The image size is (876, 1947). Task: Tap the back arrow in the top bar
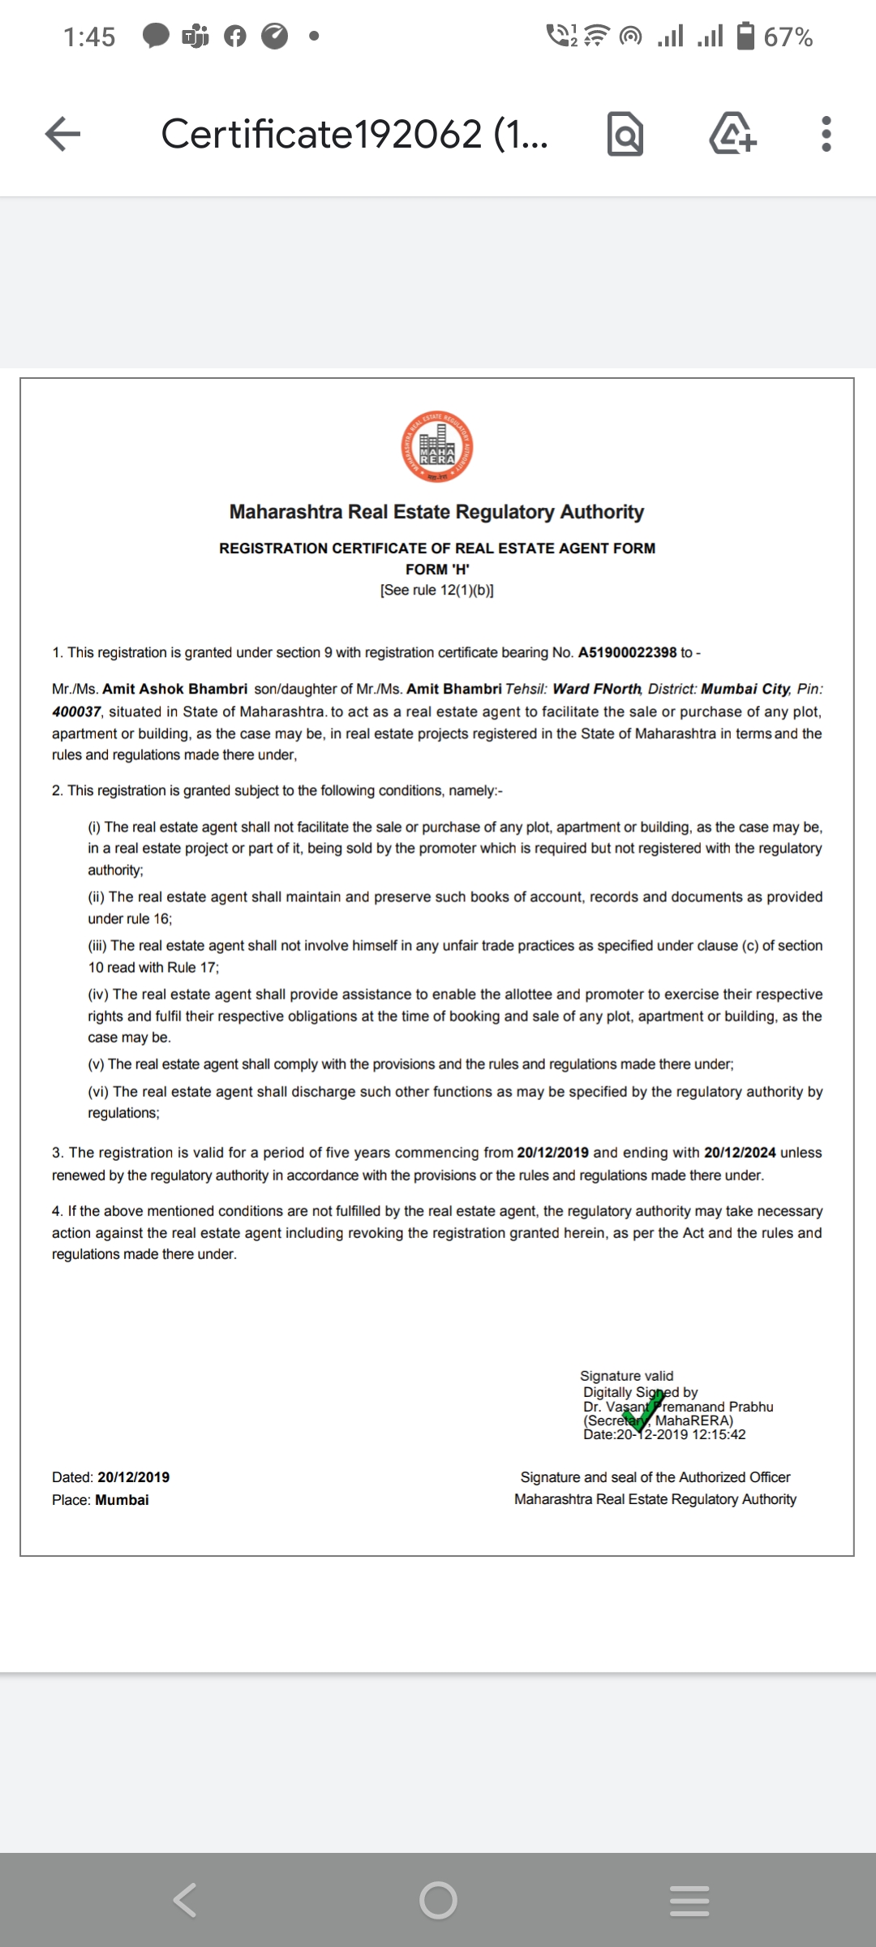click(63, 134)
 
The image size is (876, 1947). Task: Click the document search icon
click(625, 135)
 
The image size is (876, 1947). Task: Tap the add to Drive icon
click(733, 134)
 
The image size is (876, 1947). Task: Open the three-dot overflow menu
click(826, 134)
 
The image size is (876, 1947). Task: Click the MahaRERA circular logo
click(437, 447)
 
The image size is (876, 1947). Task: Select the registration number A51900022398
click(627, 652)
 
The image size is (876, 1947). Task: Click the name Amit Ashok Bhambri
click(174, 689)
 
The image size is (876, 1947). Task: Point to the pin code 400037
click(76, 711)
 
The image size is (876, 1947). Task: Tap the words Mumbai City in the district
click(745, 689)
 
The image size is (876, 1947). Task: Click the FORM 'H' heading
click(437, 569)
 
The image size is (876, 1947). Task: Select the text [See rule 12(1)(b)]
click(437, 591)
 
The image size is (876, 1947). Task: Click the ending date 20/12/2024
click(740, 1153)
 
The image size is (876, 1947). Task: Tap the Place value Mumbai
click(122, 1500)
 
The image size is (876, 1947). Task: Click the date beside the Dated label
click(134, 1477)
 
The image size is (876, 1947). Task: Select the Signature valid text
click(626, 1376)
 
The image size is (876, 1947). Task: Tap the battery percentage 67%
click(788, 37)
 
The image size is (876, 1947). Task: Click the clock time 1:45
click(89, 37)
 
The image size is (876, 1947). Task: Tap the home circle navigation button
click(438, 1900)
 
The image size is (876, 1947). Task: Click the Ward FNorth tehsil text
click(596, 689)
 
